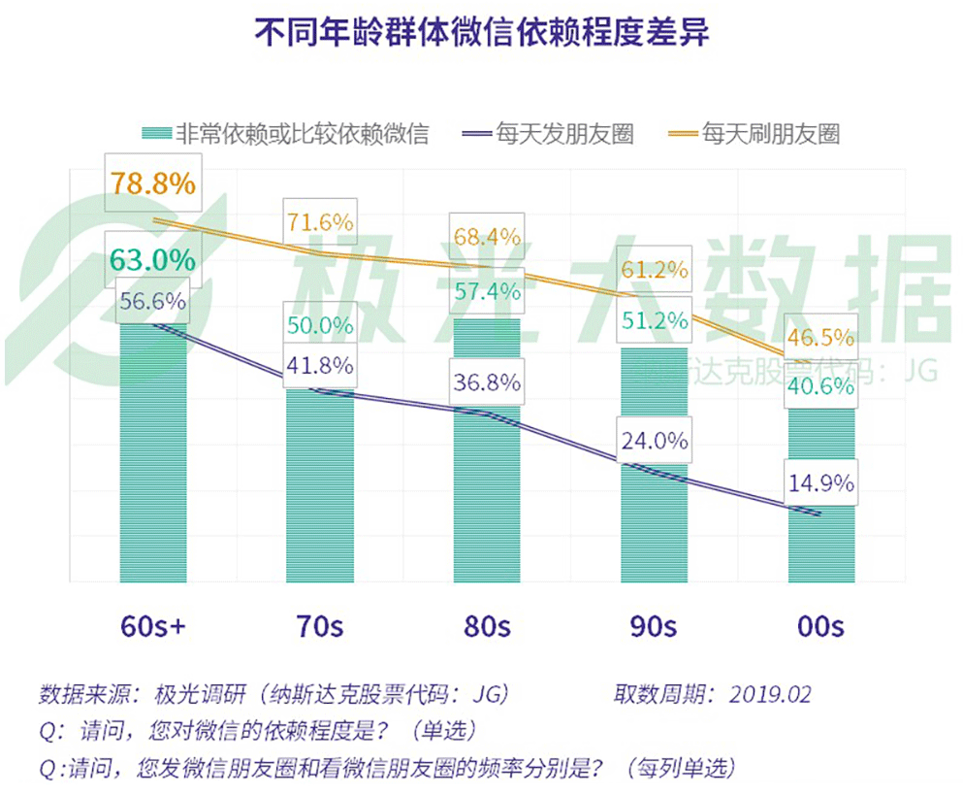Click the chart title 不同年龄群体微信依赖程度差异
click(x=481, y=32)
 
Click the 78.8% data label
click(x=153, y=183)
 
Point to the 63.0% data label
click(x=153, y=259)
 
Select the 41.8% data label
click(x=320, y=366)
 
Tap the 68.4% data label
click(x=487, y=237)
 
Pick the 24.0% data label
click(x=654, y=441)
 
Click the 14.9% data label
click(x=821, y=483)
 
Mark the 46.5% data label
click(x=821, y=337)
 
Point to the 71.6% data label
click(x=320, y=222)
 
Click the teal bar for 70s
click(x=320, y=485)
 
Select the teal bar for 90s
click(x=654, y=465)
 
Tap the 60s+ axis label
click(x=153, y=626)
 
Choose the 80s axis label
click(x=487, y=626)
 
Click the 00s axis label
click(x=821, y=626)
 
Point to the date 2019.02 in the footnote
click(x=770, y=695)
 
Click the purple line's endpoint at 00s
click(x=820, y=514)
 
